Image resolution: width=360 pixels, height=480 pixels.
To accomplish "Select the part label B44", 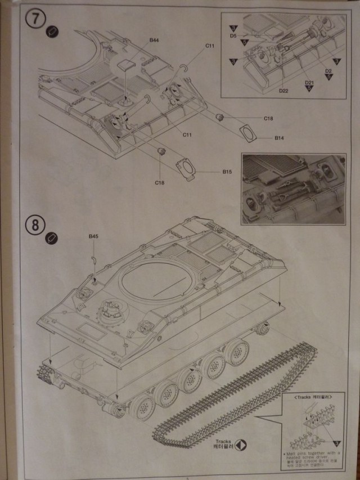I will [x=154, y=40].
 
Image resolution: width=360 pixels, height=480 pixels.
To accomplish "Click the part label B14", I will [x=280, y=138].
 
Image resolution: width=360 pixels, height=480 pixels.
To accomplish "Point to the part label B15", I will [x=227, y=171].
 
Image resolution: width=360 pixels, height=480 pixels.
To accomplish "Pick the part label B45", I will [x=93, y=237].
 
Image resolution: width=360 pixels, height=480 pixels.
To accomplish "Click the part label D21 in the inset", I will [x=309, y=83].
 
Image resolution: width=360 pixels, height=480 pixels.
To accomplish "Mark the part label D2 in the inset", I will [x=328, y=70].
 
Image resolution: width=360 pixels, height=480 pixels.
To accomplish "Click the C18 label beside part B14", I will [x=268, y=119].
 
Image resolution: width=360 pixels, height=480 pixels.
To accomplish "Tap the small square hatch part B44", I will [x=127, y=62].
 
